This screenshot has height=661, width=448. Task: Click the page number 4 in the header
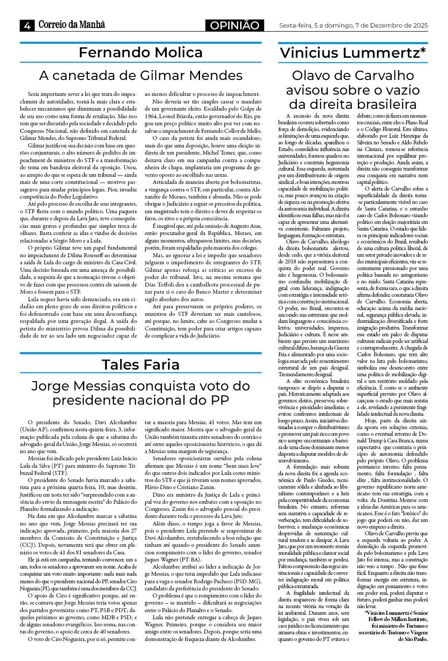tap(27, 26)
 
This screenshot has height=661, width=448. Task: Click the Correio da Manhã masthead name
tap(72, 25)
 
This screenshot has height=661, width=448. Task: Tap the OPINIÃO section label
tap(235, 26)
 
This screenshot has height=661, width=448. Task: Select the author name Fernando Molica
tap(141, 52)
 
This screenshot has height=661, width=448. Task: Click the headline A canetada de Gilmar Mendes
tap(141, 75)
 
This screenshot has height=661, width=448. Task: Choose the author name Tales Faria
tap(141, 364)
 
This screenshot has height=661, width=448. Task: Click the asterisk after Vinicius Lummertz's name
tap(423, 50)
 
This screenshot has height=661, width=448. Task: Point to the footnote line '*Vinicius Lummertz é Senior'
tap(396, 613)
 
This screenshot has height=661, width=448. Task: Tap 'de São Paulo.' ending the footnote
tap(413, 639)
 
